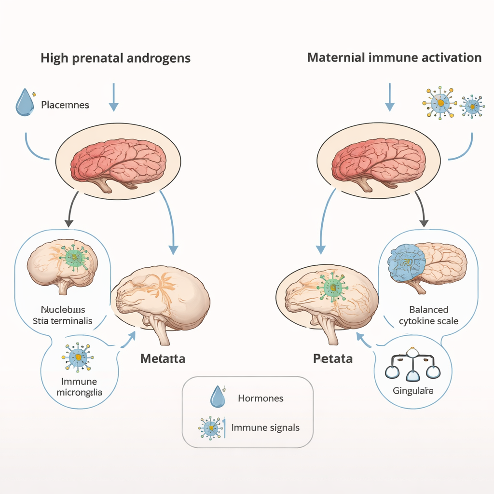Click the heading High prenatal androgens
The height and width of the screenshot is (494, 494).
tap(115, 58)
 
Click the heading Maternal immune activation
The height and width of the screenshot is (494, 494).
tap(394, 58)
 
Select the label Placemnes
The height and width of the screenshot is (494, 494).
tap(65, 105)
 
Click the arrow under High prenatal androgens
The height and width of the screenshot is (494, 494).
tap(113, 96)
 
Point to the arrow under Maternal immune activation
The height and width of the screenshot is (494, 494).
tap(389, 96)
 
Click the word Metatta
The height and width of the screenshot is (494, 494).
tap(163, 359)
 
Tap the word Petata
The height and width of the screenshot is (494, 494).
tap(332, 359)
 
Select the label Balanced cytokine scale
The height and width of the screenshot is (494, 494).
tap(428, 315)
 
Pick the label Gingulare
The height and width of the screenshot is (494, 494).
tap(412, 390)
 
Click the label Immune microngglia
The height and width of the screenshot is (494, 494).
tap(79, 386)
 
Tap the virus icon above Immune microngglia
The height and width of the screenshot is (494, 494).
tap(77, 357)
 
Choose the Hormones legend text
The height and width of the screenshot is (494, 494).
tap(261, 398)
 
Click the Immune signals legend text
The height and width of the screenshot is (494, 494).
tap(265, 427)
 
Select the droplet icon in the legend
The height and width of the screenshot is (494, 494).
tap(218, 397)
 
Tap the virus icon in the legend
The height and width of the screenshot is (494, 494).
tap(211, 427)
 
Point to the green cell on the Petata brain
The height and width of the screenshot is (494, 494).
tap(332, 288)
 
